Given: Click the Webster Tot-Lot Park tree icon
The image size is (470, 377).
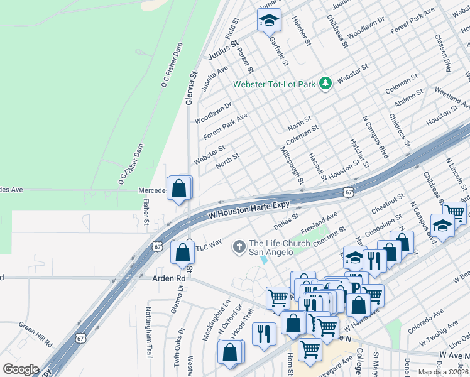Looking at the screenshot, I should pyautogui.click(x=325, y=84).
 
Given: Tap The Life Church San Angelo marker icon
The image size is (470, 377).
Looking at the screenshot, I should pyautogui.click(x=239, y=247).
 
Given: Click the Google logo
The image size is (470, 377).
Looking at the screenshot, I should pyautogui.click(x=21, y=369).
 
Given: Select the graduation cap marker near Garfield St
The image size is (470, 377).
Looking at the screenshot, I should pyautogui.click(x=269, y=21).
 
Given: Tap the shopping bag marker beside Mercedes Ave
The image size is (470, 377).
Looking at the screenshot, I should pyautogui.click(x=179, y=188).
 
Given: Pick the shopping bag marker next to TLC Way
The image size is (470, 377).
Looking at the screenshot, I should pyautogui.click(x=182, y=253).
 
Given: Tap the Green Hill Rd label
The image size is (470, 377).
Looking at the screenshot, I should pyautogui.click(x=35, y=334).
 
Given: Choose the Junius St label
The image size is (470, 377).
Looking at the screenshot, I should pyautogui.click(x=224, y=50).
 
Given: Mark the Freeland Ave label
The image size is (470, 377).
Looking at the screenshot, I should pyautogui.click(x=319, y=222).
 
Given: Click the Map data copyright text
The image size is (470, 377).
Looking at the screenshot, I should pyautogui.click(x=443, y=372).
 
